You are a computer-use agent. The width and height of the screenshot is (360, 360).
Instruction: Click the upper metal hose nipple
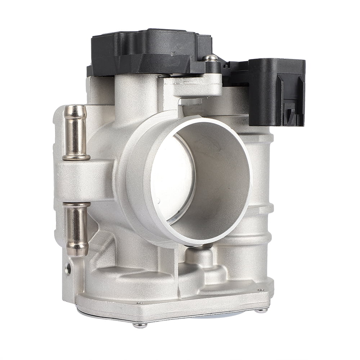75,132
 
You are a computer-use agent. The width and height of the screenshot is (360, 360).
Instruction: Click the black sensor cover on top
151,50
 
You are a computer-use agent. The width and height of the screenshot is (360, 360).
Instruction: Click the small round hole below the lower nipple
67,269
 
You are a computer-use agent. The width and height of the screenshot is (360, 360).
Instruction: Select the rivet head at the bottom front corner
140,325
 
